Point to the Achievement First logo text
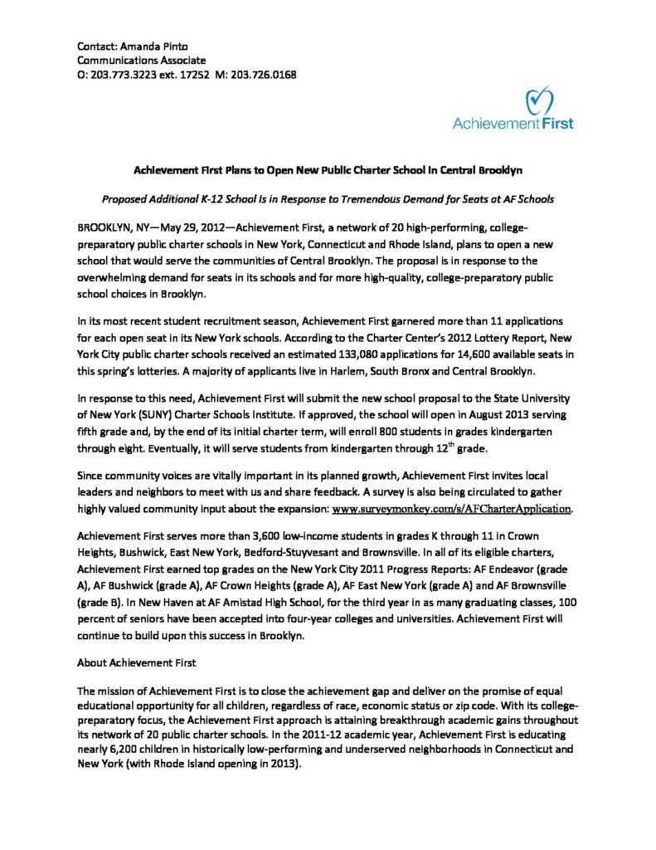click(x=512, y=125)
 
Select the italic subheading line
click(x=328, y=200)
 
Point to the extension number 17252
click(x=192, y=75)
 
